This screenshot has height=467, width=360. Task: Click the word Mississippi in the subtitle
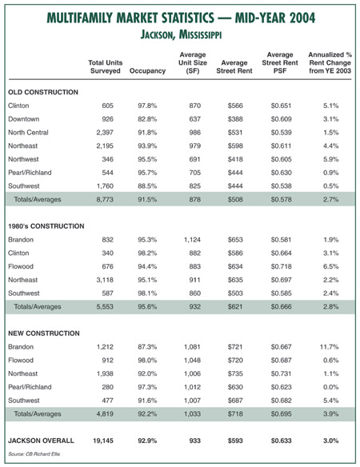pos(200,35)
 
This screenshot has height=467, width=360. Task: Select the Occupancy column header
pos(147,71)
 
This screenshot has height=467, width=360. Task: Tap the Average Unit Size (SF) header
pos(193,63)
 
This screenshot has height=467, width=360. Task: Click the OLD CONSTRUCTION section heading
pos(43,92)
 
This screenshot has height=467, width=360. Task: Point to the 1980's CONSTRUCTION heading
pos(46,226)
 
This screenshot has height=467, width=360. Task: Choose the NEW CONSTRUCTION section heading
pos(44,333)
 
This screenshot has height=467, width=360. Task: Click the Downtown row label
pos(23,119)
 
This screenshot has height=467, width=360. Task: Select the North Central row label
pos(28,133)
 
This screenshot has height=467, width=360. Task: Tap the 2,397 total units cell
pos(105,133)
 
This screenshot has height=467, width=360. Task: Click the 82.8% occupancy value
pos(147,119)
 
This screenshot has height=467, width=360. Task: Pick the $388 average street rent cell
pos(235,119)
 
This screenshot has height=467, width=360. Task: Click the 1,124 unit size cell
pos(192,240)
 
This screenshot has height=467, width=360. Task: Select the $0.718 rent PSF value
pos(281,266)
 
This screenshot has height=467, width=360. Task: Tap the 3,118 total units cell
pos(105,280)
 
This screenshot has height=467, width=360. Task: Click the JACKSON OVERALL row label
pos(41,441)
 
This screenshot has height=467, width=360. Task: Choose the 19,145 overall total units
pos(103,441)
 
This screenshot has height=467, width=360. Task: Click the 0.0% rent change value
pos(330,387)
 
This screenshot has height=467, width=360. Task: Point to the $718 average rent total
pos(235,414)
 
